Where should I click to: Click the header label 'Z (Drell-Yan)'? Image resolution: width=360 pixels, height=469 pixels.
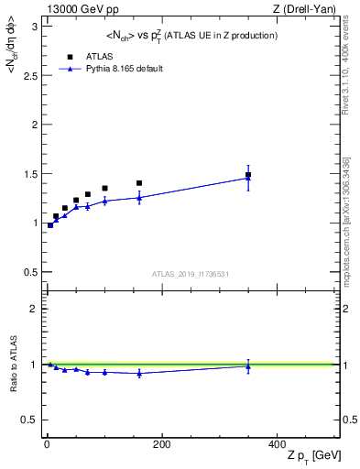(310, 8)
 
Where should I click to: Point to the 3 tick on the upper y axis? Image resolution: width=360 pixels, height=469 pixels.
(37, 26)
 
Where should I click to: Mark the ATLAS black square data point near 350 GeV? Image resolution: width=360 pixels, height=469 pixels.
(248, 174)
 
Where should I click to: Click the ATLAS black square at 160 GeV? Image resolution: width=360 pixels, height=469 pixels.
(139, 183)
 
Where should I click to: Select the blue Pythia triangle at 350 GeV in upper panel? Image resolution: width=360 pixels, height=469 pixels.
(248, 178)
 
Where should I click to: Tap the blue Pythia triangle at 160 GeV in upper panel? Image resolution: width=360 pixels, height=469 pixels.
(139, 197)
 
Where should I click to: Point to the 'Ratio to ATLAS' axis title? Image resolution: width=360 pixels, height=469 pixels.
(12, 365)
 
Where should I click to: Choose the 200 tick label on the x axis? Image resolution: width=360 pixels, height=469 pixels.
(162, 444)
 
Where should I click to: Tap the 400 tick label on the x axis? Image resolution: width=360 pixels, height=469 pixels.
(277, 444)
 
